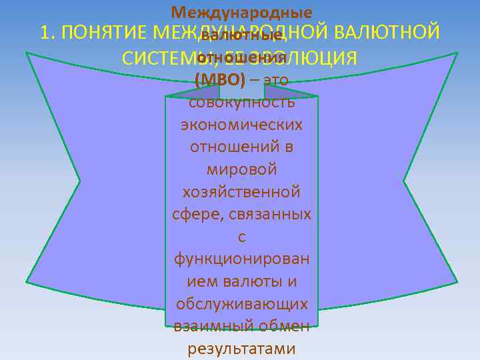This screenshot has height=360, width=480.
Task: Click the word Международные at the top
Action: (241, 13)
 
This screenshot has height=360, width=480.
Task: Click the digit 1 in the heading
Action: (46, 33)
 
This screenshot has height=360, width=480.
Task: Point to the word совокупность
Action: (241, 103)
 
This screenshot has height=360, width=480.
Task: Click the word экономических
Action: (241, 125)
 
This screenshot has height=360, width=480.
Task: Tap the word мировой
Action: (241, 170)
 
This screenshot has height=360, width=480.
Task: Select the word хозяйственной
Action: (241, 192)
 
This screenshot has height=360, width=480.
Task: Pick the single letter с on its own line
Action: (241, 237)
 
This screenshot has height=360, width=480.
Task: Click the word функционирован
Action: (241, 259)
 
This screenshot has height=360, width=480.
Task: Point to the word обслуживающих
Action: (241, 303)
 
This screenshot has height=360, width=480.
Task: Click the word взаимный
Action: (206, 326)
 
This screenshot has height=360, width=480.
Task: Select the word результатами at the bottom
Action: (241, 348)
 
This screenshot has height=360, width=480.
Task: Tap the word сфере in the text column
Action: (193, 215)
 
